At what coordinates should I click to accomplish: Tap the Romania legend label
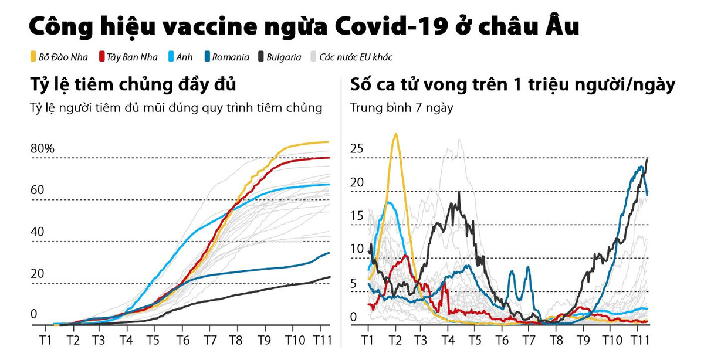point(230,57)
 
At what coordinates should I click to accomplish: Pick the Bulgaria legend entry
point(283,57)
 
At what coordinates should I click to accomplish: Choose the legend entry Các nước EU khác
point(356,57)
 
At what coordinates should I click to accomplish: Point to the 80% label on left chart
point(42,148)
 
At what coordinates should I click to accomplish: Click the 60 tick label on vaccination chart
point(38,190)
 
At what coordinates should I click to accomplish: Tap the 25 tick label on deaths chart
point(357,148)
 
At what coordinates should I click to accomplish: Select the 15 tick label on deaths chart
point(357,216)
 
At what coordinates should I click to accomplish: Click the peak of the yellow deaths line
point(396,134)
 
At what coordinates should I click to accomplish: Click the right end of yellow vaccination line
point(329,142)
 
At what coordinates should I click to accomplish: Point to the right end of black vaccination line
point(330,277)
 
